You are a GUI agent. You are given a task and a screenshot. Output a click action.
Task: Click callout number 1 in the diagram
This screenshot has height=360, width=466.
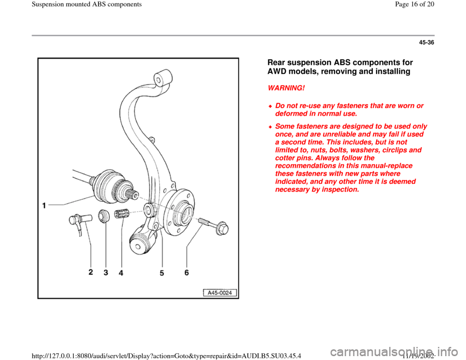[44, 206]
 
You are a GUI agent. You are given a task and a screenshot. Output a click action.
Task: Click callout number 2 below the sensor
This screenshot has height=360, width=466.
[91, 273]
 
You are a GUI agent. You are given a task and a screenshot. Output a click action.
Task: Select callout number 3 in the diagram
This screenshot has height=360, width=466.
[105, 273]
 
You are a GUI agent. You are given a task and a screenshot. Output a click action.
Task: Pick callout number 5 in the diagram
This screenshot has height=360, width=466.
[162, 273]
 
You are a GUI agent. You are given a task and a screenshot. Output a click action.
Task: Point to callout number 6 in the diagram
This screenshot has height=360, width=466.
[186, 273]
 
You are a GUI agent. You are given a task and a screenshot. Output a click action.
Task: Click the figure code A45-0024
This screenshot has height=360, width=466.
[220, 292]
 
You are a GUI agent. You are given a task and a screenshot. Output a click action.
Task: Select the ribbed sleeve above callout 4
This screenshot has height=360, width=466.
[121, 213]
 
